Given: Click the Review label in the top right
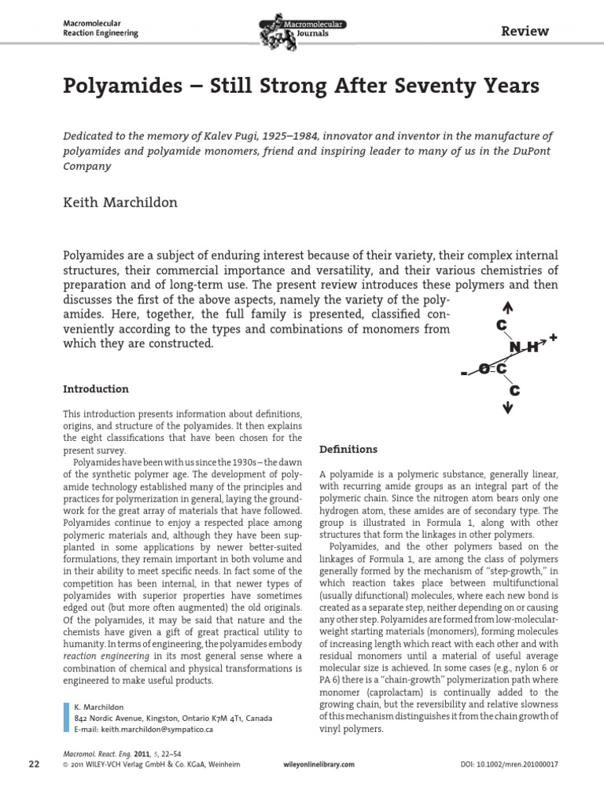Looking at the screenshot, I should tap(525, 31).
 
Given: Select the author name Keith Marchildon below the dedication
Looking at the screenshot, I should tap(120, 202).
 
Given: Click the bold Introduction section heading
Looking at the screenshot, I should tap(95, 389).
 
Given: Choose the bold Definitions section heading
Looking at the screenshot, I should tap(348, 449).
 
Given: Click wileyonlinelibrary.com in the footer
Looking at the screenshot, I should tap(317, 764).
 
